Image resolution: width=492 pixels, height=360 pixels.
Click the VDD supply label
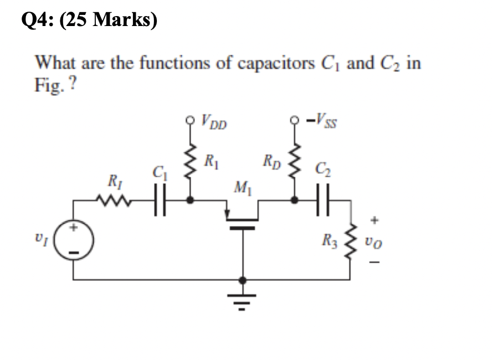tap(215, 121)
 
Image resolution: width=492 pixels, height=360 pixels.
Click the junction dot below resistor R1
tap(191, 202)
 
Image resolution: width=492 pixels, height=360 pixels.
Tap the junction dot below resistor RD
tap(294, 202)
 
